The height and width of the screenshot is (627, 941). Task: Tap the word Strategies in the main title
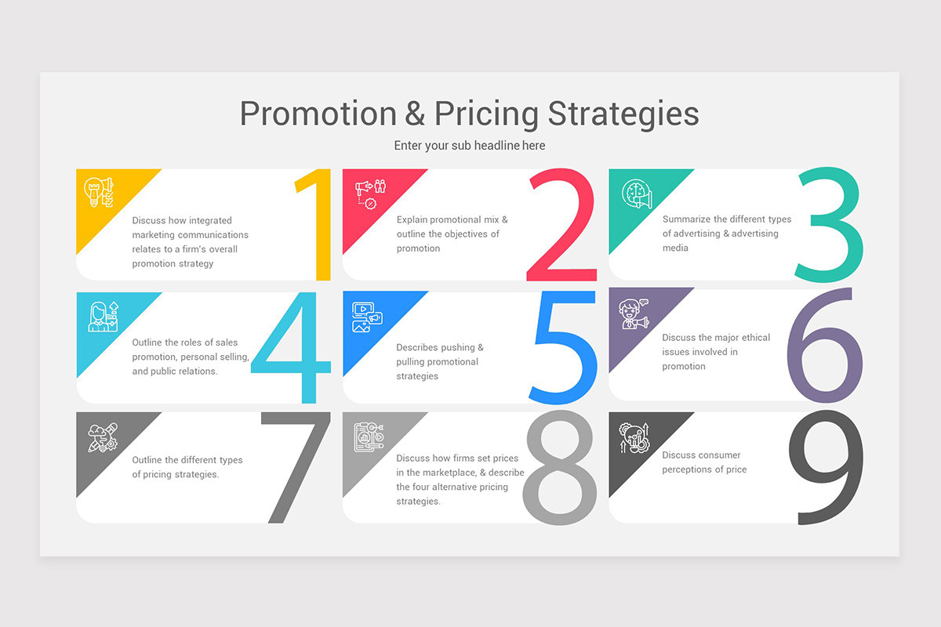[623, 114]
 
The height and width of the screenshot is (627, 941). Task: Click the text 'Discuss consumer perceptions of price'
[703, 462]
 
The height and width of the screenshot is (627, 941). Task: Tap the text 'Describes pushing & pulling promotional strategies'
[439, 362]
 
